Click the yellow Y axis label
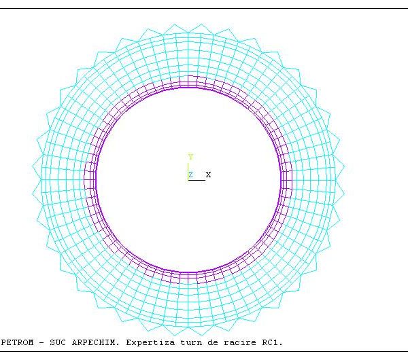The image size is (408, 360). click(x=190, y=157)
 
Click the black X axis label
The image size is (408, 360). click(x=208, y=175)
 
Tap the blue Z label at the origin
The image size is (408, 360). click(x=190, y=175)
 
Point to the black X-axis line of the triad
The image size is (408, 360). click(x=197, y=180)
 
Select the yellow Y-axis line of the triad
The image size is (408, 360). click(x=188, y=171)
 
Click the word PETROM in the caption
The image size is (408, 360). click(x=17, y=342)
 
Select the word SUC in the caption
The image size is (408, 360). click(x=58, y=342)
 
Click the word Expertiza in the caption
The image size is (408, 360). click(x=150, y=342)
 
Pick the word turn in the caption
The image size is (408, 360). click(x=191, y=342)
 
